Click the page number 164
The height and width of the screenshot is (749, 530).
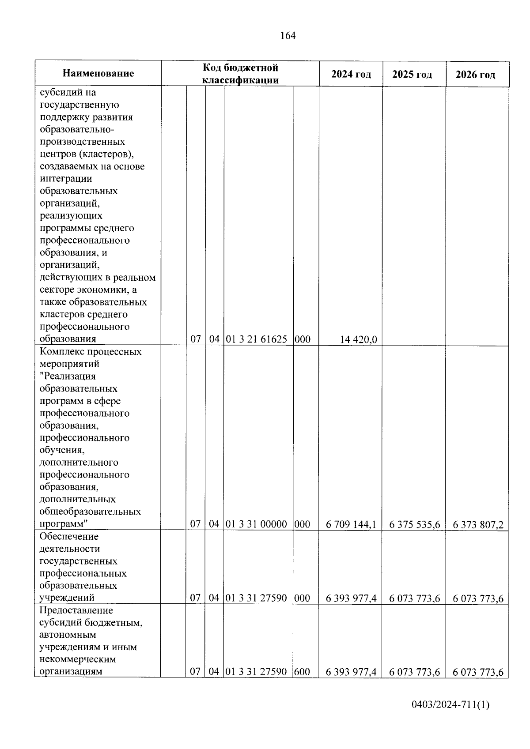pos(288,36)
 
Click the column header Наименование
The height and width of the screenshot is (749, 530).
pos(98,73)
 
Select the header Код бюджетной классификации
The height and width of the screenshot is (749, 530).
pos(240,73)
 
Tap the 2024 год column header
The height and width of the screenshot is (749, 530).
pos(351,74)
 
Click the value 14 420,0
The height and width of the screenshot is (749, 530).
pos(358,339)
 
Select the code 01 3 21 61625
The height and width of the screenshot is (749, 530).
pos(257,339)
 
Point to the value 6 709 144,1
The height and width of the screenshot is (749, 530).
pos(351,524)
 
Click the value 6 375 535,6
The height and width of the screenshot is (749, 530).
pos(414,524)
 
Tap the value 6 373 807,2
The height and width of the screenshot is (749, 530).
pos(478,525)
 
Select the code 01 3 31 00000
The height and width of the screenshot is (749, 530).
pos(257,524)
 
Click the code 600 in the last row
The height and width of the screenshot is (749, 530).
pos(302,672)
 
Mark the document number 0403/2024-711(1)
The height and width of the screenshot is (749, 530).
pos(450,717)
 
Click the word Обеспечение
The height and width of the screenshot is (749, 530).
pos(69,537)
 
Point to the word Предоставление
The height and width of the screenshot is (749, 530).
pos(76,610)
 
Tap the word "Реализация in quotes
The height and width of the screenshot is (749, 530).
pos(68,376)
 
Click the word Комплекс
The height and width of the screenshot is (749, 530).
pos(61,352)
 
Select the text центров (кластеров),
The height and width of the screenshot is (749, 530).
pos(87,154)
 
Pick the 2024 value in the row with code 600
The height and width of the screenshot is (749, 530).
pos(351,672)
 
